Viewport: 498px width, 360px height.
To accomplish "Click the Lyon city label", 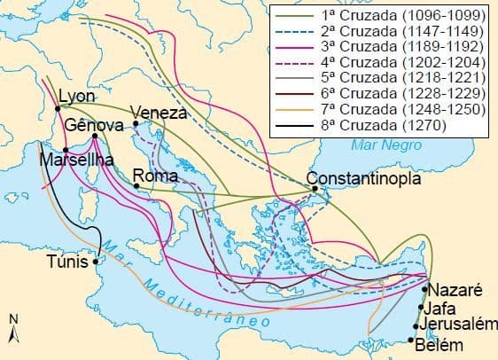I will (76, 97).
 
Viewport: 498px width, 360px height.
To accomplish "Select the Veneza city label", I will (160, 113).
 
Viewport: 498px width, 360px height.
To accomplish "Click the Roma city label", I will (156, 176).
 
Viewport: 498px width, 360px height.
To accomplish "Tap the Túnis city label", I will (68, 262).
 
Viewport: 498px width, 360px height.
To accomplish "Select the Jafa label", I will (440, 309).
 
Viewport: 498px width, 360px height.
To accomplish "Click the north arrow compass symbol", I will (12, 330).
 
